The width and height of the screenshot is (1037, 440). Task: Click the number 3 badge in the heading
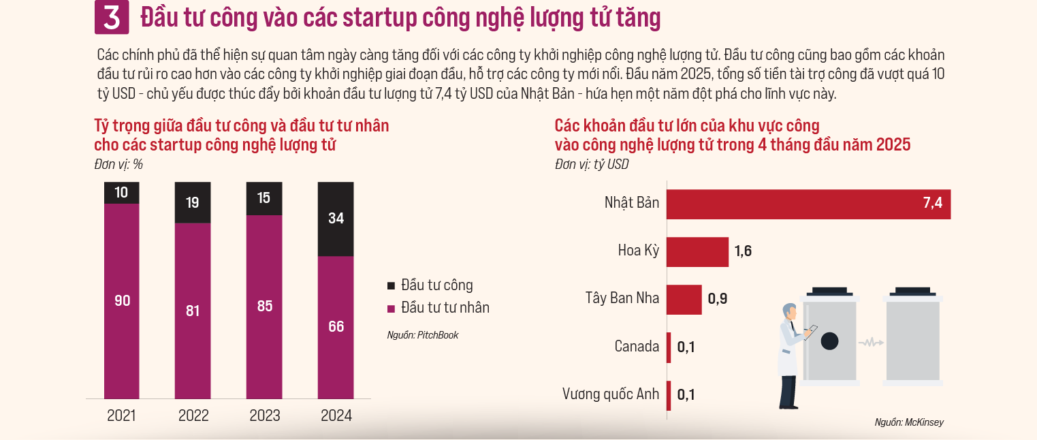[112, 18]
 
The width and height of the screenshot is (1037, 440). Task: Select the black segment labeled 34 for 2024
[336, 219]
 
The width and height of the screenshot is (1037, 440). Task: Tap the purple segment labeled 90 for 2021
[122, 300]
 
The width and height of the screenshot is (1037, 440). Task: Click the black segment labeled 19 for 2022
[193, 202]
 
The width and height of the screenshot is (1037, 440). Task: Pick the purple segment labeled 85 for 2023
[264, 307]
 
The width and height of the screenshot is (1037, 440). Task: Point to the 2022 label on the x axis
[193, 415]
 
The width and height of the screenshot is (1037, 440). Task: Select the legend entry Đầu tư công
[436, 285]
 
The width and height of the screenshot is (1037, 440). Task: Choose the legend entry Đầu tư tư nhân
[445, 307]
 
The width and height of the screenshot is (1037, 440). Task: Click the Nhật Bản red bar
[808, 204]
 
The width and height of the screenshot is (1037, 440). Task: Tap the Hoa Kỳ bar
[697, 251]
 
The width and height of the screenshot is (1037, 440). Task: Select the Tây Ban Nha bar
[684, 299]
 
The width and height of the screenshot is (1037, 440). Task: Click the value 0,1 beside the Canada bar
[686, 347]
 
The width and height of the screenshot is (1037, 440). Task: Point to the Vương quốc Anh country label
[610, 394]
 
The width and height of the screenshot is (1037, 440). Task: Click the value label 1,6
[743, 251]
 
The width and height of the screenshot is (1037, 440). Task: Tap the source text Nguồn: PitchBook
[422, 335]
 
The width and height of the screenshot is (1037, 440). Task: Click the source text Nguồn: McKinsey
[909, 422]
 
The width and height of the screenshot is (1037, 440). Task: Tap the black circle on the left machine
[829, 341]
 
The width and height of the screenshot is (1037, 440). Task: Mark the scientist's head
[789, 312]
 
